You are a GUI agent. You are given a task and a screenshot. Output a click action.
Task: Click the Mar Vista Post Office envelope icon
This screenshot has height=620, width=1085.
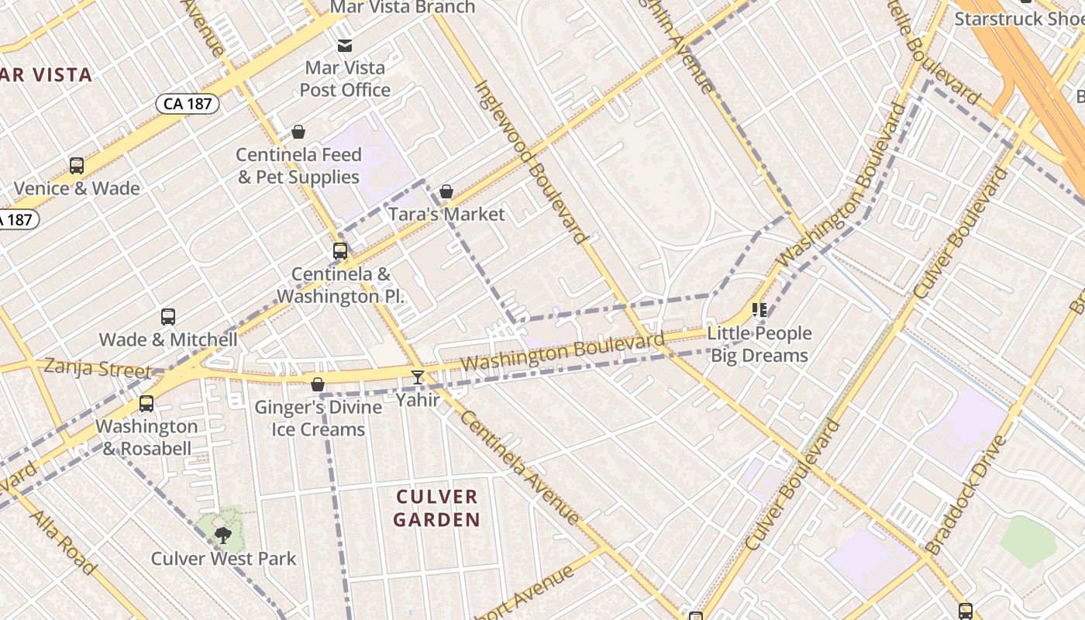345,46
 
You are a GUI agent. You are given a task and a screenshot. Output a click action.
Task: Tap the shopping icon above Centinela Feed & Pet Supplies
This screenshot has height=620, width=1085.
298,133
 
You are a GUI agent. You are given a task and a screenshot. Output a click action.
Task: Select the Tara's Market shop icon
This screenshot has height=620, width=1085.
446,191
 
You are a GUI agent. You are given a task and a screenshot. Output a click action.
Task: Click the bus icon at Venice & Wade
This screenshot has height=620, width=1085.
77,165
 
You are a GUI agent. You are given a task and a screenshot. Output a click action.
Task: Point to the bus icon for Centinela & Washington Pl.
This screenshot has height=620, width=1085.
340,251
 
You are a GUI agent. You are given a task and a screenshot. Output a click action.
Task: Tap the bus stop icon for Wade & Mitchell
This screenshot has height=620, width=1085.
168,317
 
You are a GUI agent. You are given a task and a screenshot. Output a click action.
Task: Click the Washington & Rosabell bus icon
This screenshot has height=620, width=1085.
146,404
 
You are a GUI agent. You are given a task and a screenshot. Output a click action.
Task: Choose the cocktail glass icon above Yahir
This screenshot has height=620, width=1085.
418,377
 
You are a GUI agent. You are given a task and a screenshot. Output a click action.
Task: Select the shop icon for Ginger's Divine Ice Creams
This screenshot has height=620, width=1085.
318,384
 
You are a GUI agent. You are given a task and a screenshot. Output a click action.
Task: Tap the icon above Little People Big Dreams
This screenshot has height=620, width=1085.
759,311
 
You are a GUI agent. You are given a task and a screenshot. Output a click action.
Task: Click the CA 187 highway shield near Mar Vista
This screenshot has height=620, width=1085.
188,103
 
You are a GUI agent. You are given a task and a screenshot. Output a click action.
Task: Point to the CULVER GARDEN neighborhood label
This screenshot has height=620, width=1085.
437,508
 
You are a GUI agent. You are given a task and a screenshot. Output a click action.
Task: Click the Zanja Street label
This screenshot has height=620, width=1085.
98,368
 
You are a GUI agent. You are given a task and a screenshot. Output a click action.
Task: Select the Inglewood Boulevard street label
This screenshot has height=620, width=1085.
530,162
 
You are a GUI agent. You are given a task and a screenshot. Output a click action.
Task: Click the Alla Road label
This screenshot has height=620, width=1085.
64,542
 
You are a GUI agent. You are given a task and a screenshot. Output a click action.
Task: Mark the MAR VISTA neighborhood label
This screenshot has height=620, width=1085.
46,75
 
